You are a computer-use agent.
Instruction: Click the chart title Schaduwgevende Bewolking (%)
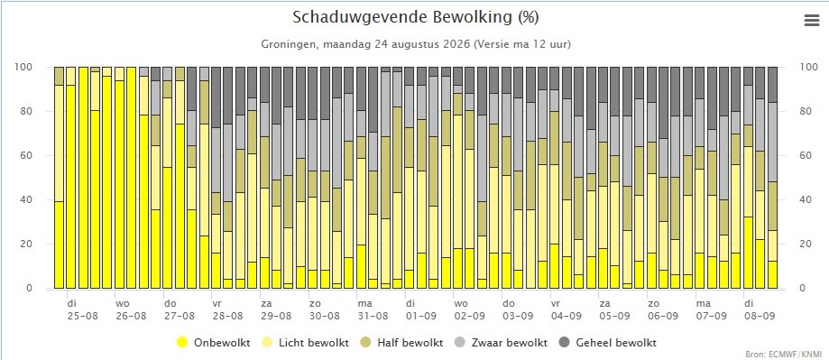416,17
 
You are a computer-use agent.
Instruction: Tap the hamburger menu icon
811,21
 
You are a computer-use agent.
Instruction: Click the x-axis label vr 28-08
227,310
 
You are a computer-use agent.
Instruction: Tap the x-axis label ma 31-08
373,310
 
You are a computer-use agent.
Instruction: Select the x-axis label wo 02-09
469,310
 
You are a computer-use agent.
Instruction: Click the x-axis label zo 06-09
662,310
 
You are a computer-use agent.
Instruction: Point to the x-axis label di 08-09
759,310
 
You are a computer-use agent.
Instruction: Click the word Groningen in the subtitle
287,44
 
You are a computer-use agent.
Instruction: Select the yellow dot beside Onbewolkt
183,343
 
